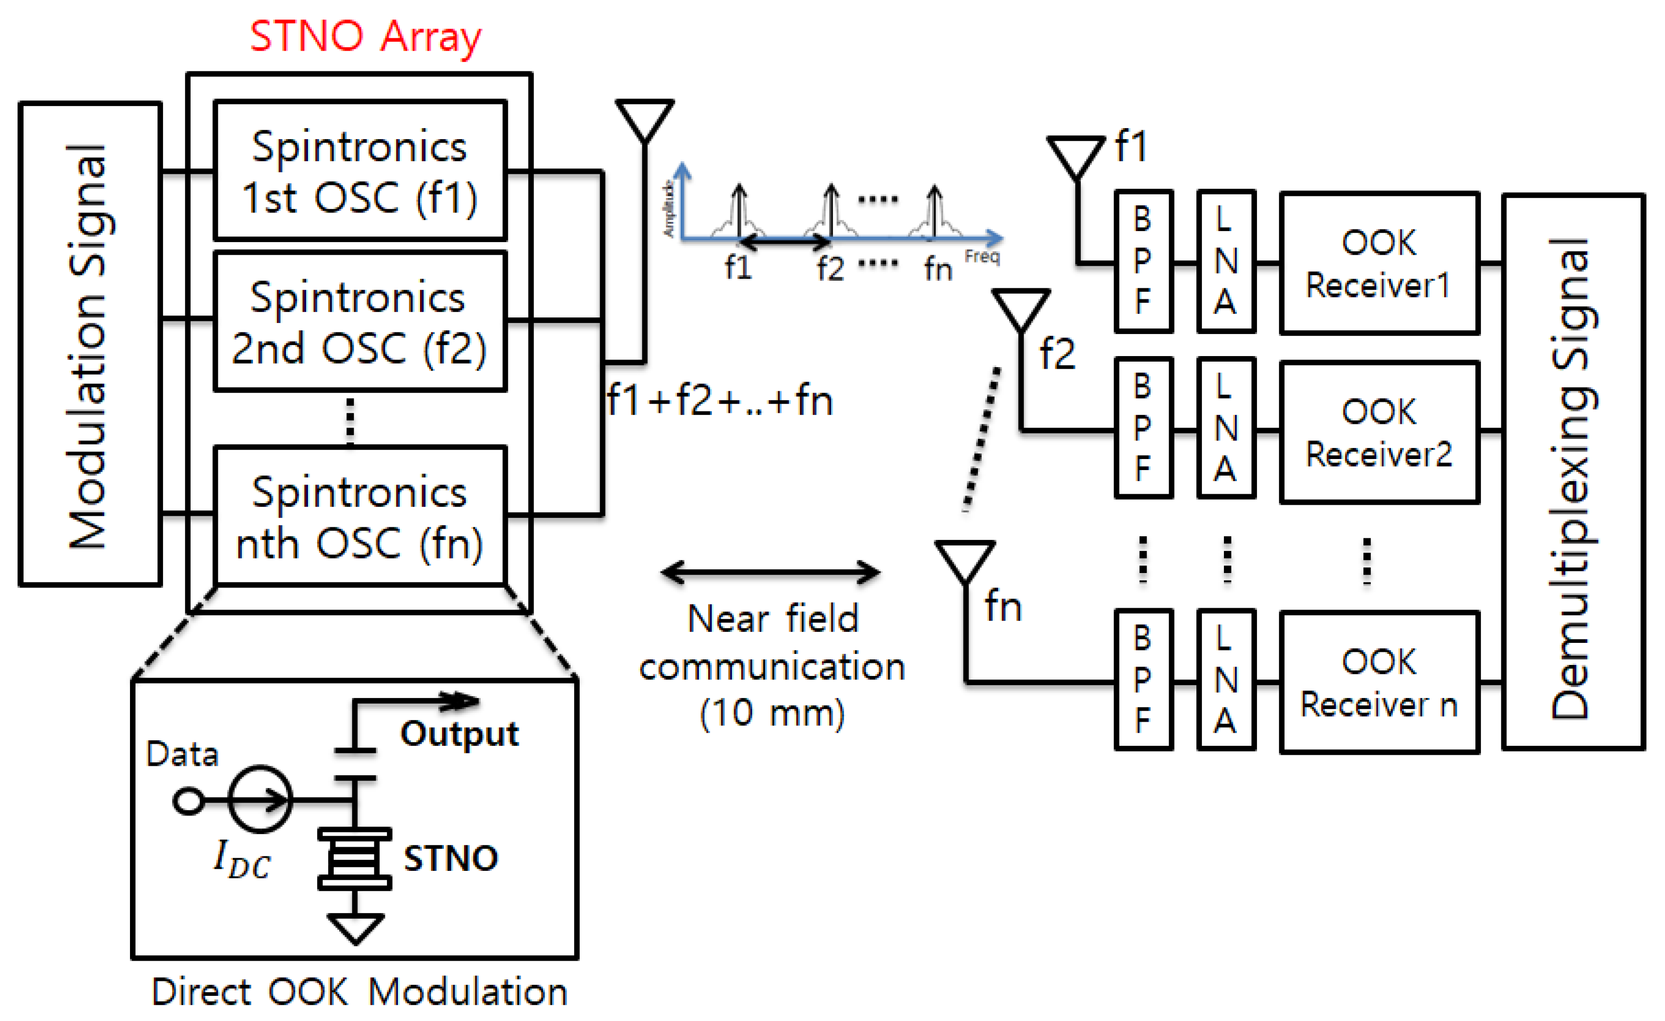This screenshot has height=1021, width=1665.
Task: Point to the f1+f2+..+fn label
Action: click(719, 400)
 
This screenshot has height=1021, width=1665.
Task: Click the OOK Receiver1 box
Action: click(1378, 264)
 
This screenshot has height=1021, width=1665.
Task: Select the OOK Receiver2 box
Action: click(1378, 432)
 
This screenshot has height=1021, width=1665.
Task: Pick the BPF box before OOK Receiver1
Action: click(1143, 262)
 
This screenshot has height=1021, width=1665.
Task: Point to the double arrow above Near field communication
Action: click(770, 572)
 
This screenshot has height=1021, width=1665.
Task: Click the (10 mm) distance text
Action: click(772, 713)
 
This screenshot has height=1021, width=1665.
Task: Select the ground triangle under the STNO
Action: click(355, 928)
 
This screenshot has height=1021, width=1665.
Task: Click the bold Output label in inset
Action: click(460, 734)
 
